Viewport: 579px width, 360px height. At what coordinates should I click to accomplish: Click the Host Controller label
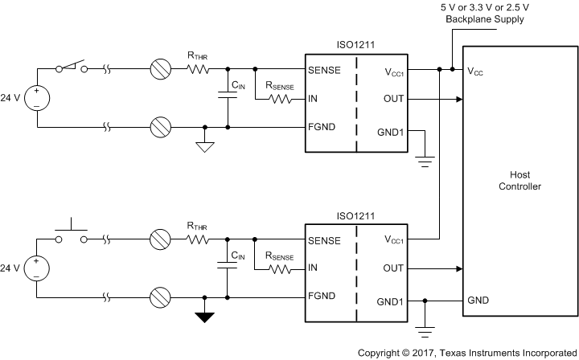519,181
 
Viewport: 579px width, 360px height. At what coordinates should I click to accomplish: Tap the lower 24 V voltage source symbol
35,268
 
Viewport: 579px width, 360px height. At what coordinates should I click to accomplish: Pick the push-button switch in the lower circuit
71,233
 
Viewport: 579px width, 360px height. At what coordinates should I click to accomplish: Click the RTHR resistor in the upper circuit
198,69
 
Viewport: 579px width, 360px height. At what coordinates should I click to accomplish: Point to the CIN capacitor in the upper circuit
228,97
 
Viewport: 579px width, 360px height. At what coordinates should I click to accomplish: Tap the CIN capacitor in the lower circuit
228,267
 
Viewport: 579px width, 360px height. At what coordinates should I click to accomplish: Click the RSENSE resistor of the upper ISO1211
280,100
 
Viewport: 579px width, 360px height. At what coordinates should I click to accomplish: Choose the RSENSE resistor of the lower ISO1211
280,269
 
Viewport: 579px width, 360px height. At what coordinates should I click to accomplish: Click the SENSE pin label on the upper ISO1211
325,70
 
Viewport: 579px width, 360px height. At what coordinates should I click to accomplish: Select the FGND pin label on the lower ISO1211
323,297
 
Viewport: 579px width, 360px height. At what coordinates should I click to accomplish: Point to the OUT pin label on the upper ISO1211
393,100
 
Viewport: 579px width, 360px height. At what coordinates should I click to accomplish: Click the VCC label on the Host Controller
477,72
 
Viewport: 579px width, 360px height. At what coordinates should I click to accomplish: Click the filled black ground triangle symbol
207,315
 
